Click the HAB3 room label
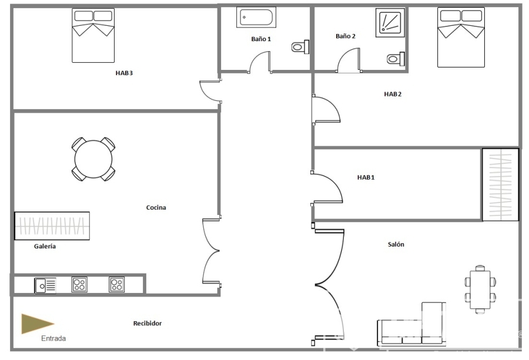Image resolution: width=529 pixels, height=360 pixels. click(124, 73)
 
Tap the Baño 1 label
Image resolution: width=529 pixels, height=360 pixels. click(261, 39)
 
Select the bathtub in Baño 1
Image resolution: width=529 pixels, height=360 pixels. click(256, 17)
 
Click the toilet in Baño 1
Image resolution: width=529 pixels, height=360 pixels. click(300, 47)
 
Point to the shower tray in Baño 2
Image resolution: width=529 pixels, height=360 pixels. click(390, 22)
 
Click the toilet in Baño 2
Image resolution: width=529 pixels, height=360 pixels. click(396, 59)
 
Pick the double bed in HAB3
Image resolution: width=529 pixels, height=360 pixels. click(93, 35)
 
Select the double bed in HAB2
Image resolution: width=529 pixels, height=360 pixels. click(461, 38)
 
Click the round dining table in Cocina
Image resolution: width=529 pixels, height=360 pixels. click(93, 159)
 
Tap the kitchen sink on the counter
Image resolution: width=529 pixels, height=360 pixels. click(45, 285)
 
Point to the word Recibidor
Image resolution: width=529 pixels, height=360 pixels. click(148, 323)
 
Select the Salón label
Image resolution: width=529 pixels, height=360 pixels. click(396, 244)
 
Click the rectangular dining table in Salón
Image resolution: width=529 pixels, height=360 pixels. click(480, 290)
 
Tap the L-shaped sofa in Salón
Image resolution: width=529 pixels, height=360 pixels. click(411, 324)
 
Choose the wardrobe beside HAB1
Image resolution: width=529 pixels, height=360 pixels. click(500, 185)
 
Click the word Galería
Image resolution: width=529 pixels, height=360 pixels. click(45, 246)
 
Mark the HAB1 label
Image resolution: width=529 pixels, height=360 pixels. click(366, 177)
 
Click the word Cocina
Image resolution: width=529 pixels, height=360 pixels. click(156, 207)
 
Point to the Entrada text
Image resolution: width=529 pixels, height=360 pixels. click(53, 338)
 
